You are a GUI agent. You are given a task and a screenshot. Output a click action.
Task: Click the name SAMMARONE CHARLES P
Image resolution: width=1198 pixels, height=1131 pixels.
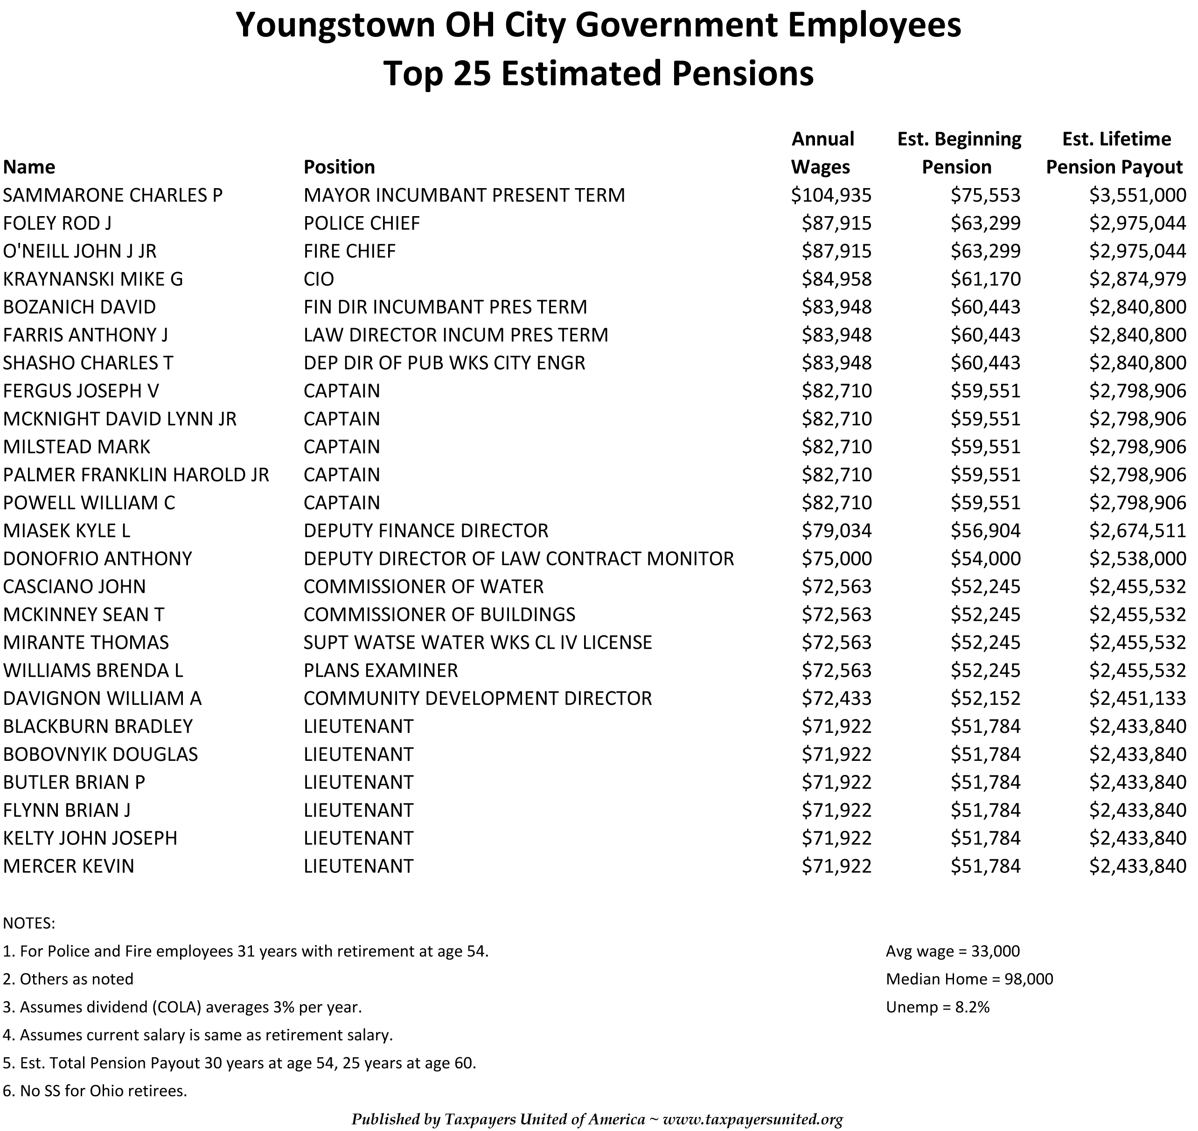pyautogui.click(x=113, y=195)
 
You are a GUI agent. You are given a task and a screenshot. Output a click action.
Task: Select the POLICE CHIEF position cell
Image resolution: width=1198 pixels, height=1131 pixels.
pyautogui.click(x=362, y=224)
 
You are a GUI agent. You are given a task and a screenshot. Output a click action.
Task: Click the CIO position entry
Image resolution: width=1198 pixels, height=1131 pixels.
pyautogui.click(x=318, y=279)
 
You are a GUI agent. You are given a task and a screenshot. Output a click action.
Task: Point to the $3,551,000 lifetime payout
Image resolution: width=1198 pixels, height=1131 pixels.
pyautogui.click(x=1137, y=195)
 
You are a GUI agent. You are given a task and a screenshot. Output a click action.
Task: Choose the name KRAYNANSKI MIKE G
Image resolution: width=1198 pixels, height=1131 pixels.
pyautogui.click(x=93, y=279)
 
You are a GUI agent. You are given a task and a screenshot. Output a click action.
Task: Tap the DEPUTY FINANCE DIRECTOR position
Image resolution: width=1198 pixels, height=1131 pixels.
pyautogui.click(x=426, y=531)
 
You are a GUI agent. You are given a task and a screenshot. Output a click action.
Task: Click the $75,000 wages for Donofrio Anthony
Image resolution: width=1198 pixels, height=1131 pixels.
pyautogui.click(x=836, y=559)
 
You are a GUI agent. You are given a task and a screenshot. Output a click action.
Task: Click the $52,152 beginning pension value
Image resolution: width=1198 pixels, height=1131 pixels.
pyautogui.click(x=985, y=699)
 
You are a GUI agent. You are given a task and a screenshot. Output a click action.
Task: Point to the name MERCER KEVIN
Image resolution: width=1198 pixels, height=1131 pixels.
pyautogui.click(x=69, y=866)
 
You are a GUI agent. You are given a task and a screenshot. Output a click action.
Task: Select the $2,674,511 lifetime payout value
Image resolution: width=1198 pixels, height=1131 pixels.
pyautogui.click(x=1137, y=531)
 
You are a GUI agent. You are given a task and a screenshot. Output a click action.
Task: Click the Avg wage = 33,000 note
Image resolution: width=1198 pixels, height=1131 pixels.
pyautogui.click(x=952, y=951)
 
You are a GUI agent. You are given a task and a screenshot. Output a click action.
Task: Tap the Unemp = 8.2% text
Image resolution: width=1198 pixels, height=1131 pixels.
pyautogui.click(x=937, y=1007)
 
